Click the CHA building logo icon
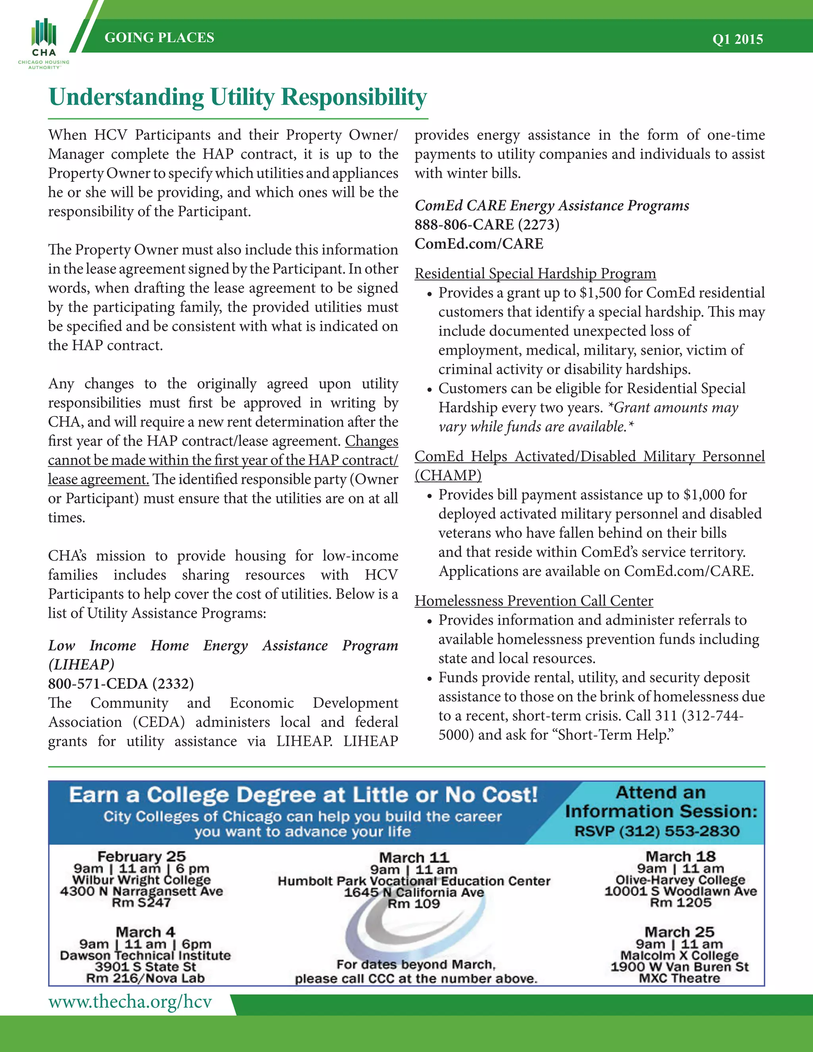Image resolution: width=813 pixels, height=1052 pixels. point(44,33)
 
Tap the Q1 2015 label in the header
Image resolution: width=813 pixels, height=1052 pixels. point(738,39)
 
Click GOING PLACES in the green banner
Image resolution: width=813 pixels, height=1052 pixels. point(160,38)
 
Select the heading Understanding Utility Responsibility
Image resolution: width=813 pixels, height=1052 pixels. point(238,97)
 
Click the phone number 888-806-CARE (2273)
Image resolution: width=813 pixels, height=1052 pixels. point(487,224)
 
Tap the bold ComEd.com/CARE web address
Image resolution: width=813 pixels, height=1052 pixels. point(479,244)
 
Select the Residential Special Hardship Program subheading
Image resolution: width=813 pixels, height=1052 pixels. point(535,274)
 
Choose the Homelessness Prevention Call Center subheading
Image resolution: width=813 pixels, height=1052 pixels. point(534,601)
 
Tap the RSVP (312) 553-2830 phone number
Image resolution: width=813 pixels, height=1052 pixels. point(657,831)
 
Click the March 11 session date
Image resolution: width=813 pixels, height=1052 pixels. point(414,857)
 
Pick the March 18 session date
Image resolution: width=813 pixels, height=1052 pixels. point(680,856)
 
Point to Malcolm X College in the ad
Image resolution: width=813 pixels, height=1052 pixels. point(679,955)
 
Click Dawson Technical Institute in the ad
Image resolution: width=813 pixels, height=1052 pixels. point(145,955)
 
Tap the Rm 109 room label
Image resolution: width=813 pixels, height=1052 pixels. point(414,904)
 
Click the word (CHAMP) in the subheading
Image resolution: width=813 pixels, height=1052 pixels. point(448,476)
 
